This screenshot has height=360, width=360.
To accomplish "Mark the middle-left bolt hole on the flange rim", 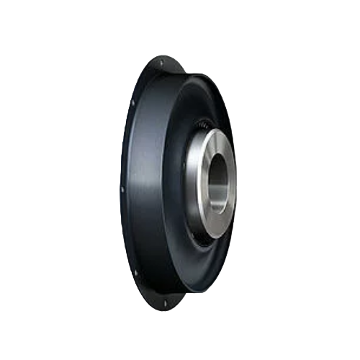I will (x=123, y=189).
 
